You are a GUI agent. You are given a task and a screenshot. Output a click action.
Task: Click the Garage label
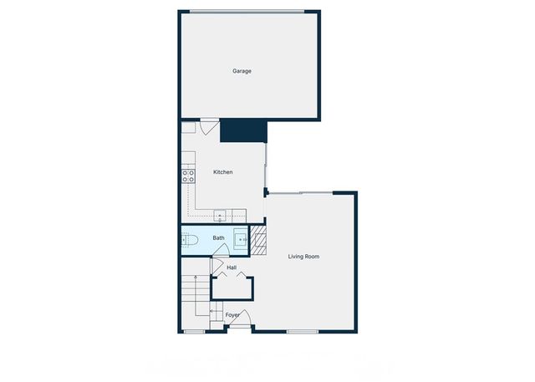pyautogui.click(x=242, y=71)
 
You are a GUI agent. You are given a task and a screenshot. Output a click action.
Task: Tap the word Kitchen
pyautogui.click(x=223, y=172)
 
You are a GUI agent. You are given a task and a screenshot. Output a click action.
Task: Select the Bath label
pyautogui.click(x=218, y=238)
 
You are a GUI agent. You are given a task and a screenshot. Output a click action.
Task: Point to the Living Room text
pyautogui.click(x=304, y=256)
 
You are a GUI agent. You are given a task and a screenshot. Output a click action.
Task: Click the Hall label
pyautogui.click(x=232, y=267)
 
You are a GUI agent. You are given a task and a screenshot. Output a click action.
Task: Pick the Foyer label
pyautogui.click(x=232, y=315)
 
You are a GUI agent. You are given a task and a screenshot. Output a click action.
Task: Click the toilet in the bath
pyautogui.click(x=191, y=240)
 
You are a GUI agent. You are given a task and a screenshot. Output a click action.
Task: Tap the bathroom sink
pyautogui.click(x=241, y=239)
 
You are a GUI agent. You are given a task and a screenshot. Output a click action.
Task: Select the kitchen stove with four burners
pyautogui.click(x=188, y=176)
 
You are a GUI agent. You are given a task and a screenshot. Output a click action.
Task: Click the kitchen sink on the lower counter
pyautogui.click(x=220, y=216)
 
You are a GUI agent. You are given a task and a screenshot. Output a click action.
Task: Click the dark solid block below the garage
pyautogui.click(x=242, y=130)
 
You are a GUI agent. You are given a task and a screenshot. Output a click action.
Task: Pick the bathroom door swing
pyautogui.click(x=219, y=252)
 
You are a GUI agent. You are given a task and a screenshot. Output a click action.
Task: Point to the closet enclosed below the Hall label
pyautogui.click(x=232, y=287)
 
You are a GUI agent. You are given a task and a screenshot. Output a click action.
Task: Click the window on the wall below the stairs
pyautogui.click(x=194, y=331)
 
